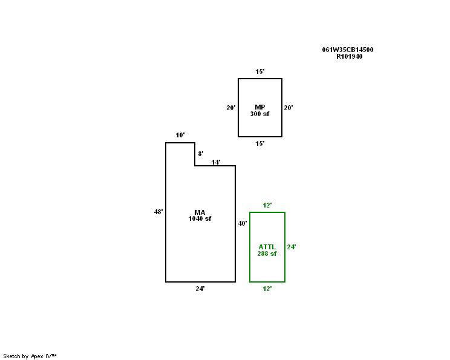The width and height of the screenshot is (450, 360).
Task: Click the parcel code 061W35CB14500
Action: click(x=347, y=50)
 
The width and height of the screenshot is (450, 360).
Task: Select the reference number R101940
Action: click(x=350, y=56)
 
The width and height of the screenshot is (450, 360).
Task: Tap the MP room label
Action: click(x=259, y=107)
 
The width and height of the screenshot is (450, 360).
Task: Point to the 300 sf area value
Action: click(x=259, y=114)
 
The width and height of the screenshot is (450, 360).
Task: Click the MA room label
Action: click(x=200, y=212)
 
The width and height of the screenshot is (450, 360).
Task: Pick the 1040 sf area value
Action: click(x=200, y=218)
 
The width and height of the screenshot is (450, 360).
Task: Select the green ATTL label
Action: click(x=267, y=247)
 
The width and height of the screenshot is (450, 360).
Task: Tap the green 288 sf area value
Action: click(x=267, y=254)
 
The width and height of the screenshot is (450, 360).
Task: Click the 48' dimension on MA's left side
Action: click(x=158, y=212)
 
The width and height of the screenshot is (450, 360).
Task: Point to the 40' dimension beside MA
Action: click(x=242, y=223)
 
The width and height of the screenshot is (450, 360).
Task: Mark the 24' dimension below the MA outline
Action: click(x=200, y=289)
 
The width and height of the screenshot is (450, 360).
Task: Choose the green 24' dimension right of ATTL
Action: click(x=291, y=247)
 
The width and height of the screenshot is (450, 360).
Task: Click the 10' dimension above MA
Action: click(x=180, y=136)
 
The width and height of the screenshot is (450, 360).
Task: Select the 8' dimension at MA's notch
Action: click(x=201, y=154)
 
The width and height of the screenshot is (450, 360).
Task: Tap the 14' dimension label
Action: click(x=215, y=162)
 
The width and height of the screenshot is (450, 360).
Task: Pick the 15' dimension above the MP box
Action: click(x=259, y=71)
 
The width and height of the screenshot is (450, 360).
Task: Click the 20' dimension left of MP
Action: click(x=230, y=108)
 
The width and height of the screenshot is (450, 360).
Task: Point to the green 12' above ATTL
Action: click(x=267, y=205)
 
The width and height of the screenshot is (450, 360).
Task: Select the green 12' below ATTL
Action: click(x=267, y=289)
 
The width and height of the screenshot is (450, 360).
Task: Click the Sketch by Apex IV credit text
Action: click(x=30, y=356)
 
